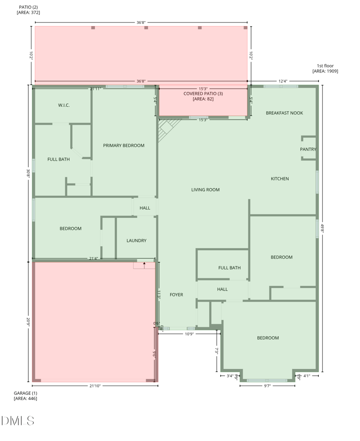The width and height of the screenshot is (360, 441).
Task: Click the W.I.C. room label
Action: click(x=64, y=105)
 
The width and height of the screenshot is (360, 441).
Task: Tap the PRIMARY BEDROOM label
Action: click(x=124, y=145)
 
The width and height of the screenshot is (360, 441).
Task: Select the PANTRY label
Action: click(x=308, y=149)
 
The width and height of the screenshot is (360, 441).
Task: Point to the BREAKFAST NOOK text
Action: click(x=284, y=113)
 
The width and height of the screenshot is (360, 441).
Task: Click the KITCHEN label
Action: click(x=279, y=179)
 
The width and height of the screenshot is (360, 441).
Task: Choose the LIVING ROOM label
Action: click(x=205, y=190)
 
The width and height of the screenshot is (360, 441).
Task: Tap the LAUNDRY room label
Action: click(x=136, y=241)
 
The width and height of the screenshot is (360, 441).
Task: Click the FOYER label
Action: click(x=176, y=295)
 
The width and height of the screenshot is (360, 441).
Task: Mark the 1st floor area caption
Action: click(x=325, y=68)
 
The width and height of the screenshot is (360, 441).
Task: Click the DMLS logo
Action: click(x=18, y=421)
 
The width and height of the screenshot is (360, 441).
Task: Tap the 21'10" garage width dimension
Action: click(x=95, y=386)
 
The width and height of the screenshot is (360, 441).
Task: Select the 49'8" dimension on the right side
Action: click(x=322, y=229)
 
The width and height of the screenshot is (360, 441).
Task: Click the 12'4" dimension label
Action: click(x=283, y=81)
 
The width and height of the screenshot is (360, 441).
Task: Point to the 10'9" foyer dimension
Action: click(x=188, y=333)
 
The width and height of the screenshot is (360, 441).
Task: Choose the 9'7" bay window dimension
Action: click(x=267, y=386)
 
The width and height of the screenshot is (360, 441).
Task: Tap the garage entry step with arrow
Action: click(x=144, y=265)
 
